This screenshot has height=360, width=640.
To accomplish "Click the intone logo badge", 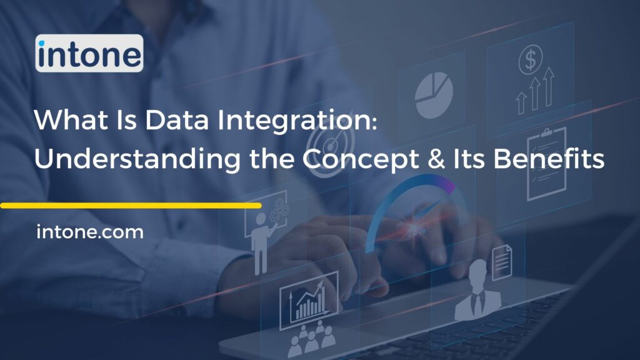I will tap(89, 53).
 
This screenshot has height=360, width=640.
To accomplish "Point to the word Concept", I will tap(371, 160).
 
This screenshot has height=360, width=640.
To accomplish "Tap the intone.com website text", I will tap(90, 233).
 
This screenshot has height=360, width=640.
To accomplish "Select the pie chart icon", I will tap(432, 94).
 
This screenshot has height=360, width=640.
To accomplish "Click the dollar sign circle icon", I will tap(531, 61).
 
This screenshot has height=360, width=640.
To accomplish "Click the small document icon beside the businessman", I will tap(501, 257).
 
